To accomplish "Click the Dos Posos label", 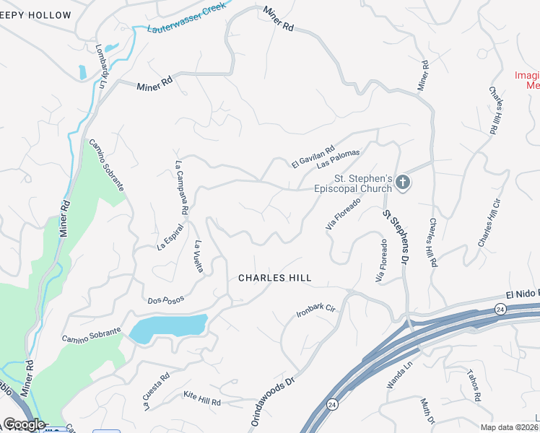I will pyautogui.click(x=165, y=299).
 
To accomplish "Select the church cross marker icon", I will pyautogui.click(x=403, y=183).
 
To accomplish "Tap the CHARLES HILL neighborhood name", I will pyautogui.click(x=275, y=278).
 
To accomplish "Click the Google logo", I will pyautogui.click(x=25, y=424).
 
